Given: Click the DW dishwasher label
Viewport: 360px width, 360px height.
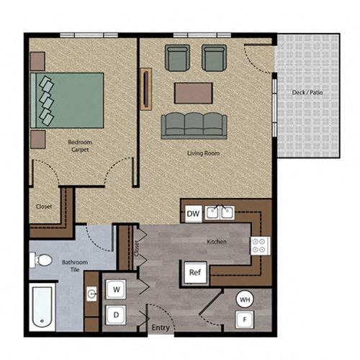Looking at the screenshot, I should [x=192, y=214].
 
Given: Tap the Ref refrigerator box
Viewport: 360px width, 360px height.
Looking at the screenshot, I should [x=194, y=272].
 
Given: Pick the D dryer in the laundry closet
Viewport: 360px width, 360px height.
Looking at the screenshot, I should [x=117, y=314].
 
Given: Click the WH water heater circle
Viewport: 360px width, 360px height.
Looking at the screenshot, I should [x=245, y=299].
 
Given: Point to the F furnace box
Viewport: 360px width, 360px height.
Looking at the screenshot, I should [x=245, y=318].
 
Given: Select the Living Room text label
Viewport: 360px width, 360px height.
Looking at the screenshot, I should [x=203, y=153].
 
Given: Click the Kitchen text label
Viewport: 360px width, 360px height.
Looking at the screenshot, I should [x=217, y=242].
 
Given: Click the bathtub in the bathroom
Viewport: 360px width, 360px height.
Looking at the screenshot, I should [x=43, y=307].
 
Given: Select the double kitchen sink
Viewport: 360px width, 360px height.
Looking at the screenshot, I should [x=219, y=212].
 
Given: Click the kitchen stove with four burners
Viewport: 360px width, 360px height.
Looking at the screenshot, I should [x=259, y=246].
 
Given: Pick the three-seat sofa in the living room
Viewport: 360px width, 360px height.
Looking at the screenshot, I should [x=193, y=125].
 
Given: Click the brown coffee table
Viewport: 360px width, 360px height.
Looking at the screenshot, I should [x=193, y=93].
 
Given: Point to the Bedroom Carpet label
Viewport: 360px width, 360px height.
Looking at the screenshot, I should [x=80, y=146].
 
